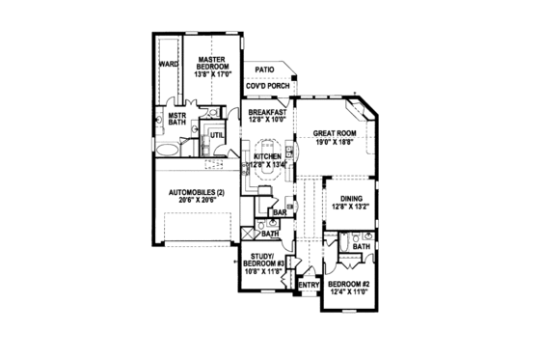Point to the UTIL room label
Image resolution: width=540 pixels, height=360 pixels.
217,135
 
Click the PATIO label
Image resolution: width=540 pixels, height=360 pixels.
262,70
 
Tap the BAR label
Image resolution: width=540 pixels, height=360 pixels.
278,213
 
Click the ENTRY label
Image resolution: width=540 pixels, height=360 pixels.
309,285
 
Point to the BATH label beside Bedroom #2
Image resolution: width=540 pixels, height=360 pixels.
362,247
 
